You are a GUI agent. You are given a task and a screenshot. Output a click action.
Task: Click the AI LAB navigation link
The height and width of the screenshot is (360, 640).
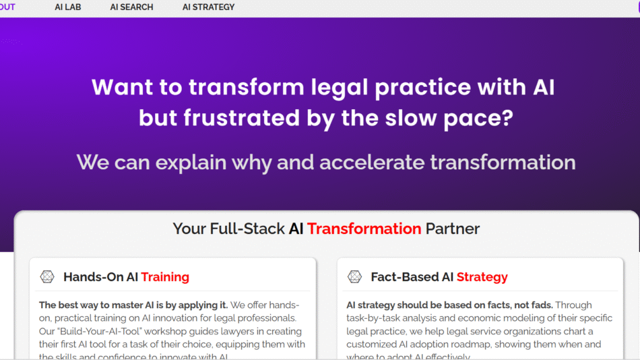68,7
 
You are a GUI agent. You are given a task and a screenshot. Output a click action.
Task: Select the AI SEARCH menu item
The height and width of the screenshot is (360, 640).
131,7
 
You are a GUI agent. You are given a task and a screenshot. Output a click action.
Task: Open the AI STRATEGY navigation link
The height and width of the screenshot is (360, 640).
208,7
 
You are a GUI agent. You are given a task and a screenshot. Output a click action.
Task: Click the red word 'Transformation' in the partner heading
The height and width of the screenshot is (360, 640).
364,229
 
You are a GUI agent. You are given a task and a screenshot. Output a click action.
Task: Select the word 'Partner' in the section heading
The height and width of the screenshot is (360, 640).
453,229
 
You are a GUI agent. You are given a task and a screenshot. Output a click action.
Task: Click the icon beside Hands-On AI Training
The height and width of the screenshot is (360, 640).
47,276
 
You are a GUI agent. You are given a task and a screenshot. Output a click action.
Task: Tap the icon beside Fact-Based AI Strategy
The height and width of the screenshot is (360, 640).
354,276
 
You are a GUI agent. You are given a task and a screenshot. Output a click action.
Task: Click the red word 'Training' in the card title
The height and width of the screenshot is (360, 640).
165,277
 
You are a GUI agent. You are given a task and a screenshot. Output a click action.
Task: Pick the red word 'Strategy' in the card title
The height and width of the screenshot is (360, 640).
482,277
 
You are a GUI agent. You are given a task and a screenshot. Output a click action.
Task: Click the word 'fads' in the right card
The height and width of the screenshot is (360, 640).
538,305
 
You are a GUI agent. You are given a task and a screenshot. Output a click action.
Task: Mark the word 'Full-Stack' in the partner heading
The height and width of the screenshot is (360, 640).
251,229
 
